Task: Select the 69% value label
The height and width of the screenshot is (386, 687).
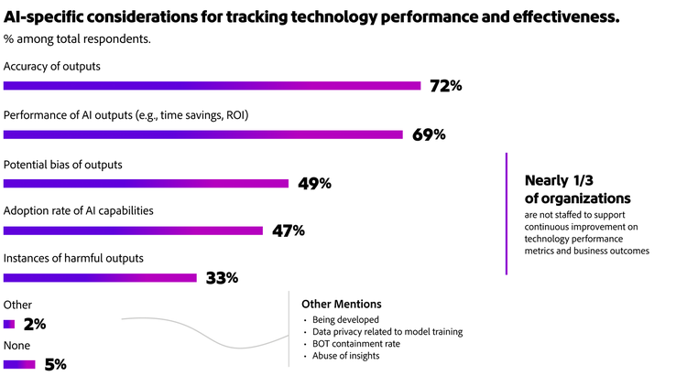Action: click(x=428, y=134)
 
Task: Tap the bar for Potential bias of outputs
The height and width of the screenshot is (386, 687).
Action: click(x=147, y=183)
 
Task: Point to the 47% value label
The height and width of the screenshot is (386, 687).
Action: click(x=288, y=231)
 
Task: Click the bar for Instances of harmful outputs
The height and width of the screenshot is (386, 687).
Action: click(x=100, y=277)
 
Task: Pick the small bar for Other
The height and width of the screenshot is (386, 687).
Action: click(x=9, y=324)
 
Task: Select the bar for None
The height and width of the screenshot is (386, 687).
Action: click(x=19, y=364)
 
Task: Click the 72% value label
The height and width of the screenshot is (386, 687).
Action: click(x=445, y=86)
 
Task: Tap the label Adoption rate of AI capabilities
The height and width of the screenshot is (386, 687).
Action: click(x=78, y=210)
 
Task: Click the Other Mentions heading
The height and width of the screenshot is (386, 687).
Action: click(x=341, y=304)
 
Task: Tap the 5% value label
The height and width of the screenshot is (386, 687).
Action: click(x=55, y=364)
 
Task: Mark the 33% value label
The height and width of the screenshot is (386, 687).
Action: click(x=222, y=277)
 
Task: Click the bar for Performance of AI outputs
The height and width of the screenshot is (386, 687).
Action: click(x=203, y=134)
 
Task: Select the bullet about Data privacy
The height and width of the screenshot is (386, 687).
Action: click(x=387, y=332)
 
